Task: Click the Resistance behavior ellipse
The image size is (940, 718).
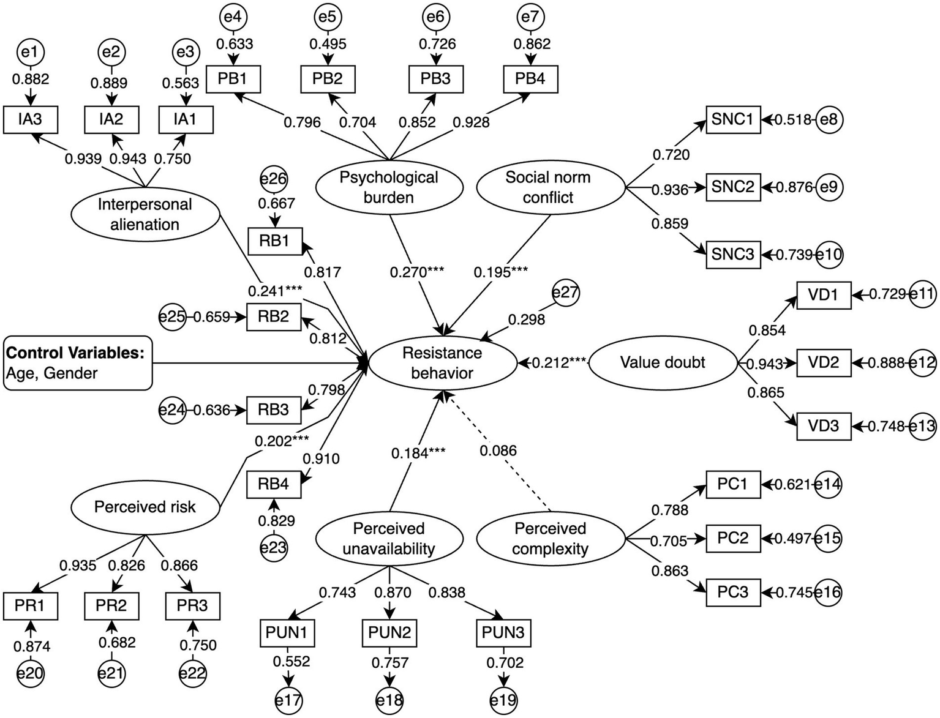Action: (442, 363)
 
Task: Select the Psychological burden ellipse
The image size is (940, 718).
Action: (389, 187)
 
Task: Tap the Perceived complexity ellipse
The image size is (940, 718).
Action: (550, 539)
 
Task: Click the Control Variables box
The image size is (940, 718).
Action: (78, 363)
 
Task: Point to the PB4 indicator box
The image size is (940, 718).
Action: (530, 80)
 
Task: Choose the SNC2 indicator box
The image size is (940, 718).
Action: (732, 187)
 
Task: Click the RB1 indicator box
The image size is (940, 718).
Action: (274, 241)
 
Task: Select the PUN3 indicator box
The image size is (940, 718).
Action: (503, 633)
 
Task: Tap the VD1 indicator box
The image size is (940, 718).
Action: (823, 295)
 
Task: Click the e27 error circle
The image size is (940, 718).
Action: (565, 293)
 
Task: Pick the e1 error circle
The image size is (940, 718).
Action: (29, 53)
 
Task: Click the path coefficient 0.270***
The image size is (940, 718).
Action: (417, 272)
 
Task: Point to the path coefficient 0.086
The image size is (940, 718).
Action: (498, 451)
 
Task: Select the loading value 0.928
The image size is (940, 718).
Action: (471, 122)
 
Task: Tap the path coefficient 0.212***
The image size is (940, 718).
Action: (559, 363)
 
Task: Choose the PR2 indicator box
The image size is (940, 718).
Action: (111, 606)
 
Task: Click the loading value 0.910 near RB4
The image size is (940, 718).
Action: (321, 458)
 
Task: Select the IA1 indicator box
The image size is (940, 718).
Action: (186, 119)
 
